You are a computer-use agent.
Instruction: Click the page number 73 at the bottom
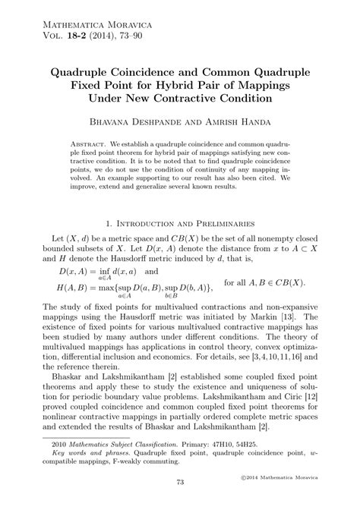180,482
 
